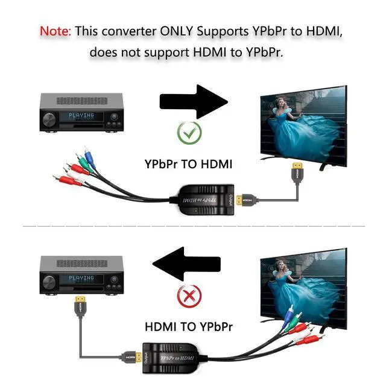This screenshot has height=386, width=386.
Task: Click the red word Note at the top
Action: [54, 30]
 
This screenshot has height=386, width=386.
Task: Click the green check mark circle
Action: [189, 131]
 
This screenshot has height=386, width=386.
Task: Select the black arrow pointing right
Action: [193, 100]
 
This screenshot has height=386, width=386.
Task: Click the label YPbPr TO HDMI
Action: [188, 163]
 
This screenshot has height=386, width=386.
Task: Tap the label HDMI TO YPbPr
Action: [188, 327]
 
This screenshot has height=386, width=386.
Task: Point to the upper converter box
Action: [205, 199]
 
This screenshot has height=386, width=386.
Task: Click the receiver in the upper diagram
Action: [81, 112]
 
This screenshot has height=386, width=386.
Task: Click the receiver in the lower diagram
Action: [81, 274]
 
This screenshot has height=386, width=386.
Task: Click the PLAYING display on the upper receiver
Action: [81, 116]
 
